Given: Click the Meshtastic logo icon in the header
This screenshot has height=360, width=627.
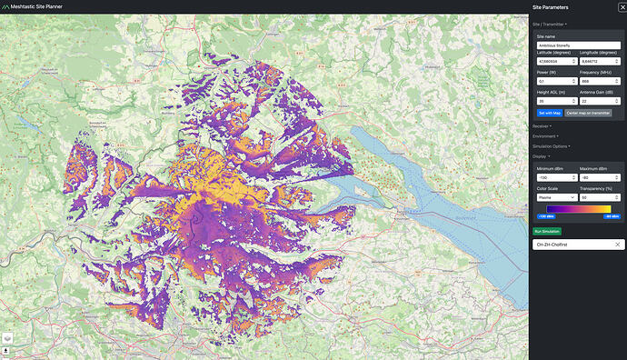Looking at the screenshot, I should click(6, 7).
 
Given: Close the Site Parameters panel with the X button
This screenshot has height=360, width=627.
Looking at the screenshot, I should click(610, 7).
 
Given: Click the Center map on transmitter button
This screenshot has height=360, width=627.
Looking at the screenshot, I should click(588, 112).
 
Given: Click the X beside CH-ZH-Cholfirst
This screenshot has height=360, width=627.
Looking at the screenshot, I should click(617, 245).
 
